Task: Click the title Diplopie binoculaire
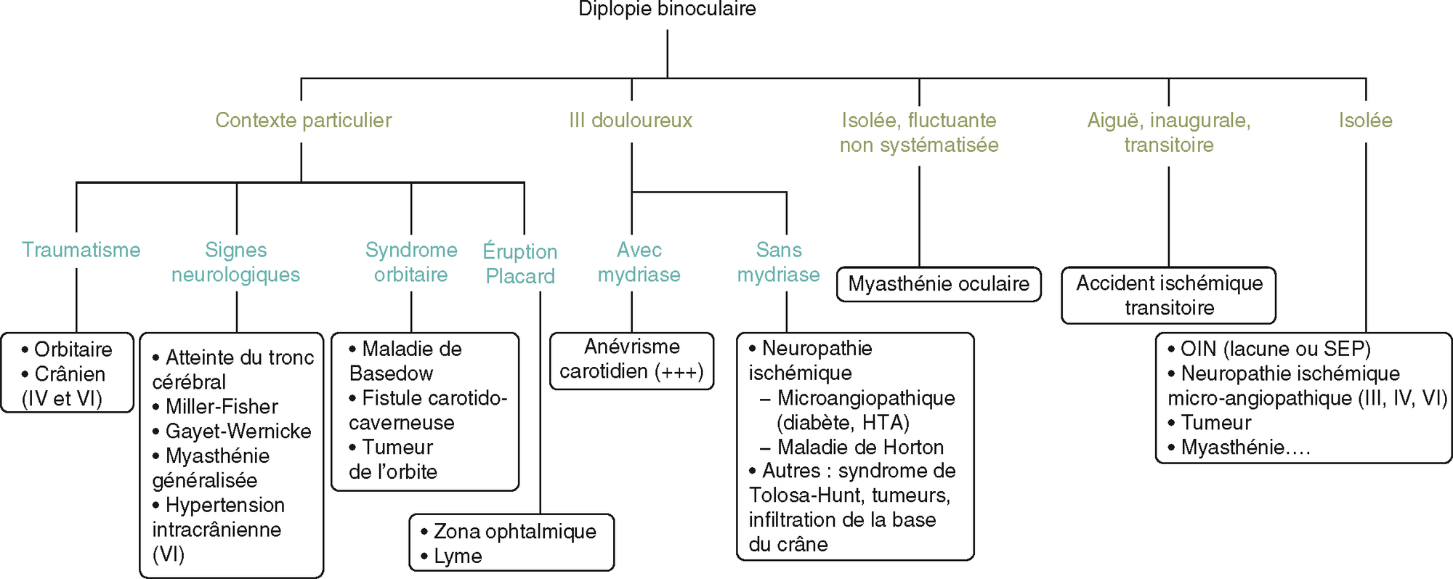coord(667,9)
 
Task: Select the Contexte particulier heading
coord(303,120)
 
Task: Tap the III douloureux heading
coord(631,120)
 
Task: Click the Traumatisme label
coord(81,250)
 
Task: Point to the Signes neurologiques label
coord(235,262)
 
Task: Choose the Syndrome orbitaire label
coord(411,262)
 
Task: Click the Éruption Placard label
coord(520,264)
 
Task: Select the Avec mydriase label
coord(639,262)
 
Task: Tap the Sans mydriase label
coord(778,262)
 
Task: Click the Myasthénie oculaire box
coord(938,284)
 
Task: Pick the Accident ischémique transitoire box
coord(1168,295)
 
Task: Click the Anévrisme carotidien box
coord(631,360)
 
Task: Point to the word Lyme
coord(458,556)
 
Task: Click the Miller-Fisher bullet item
coord(221,407)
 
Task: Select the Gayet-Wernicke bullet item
coord(238,432)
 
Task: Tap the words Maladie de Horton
coord(860,447)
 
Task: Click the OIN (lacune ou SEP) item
coord(1274,349)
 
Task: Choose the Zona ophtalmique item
coord(514,532)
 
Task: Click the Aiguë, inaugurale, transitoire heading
coord(1168,132)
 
